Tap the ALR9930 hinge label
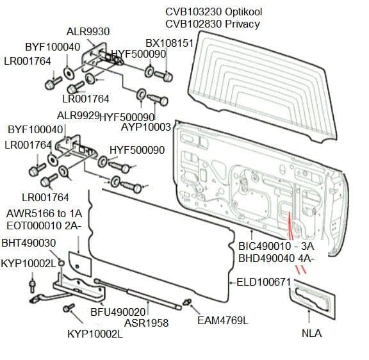click(x=88, y=32)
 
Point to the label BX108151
click(x=169, y=43)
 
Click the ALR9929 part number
click(x=78, y=117)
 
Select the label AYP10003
click(x=145, y=127)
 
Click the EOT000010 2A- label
click(x=43, y=225)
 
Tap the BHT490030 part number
click(x=28, y=243)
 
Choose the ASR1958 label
click(x=146, y=323)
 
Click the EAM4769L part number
click(x=222, y=320)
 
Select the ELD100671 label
click(x=264, y=282)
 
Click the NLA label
click(x=311, y=333)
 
